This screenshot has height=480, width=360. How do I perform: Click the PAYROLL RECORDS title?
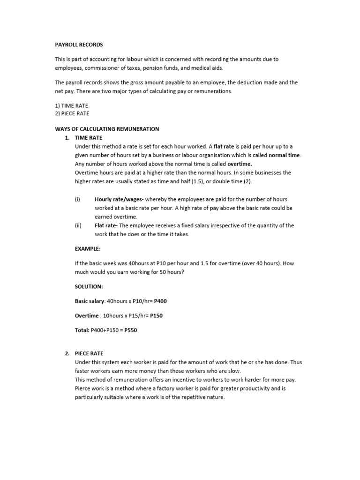pos(79,45)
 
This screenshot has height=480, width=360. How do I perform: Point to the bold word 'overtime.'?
pos(240,164)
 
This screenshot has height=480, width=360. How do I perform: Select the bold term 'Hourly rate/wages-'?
pos(119,199)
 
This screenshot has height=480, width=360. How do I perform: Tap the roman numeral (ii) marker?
pos(78,225)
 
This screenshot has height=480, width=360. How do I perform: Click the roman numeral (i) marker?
pos(77,199)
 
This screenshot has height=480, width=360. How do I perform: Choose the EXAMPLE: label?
pos(88,248)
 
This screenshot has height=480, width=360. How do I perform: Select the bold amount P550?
pos(131,330)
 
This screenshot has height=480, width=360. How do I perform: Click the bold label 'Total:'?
pos(82,330)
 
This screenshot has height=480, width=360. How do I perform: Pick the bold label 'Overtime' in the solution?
pos(87,315)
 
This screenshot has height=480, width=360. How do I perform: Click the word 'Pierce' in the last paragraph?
pos(83,389)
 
